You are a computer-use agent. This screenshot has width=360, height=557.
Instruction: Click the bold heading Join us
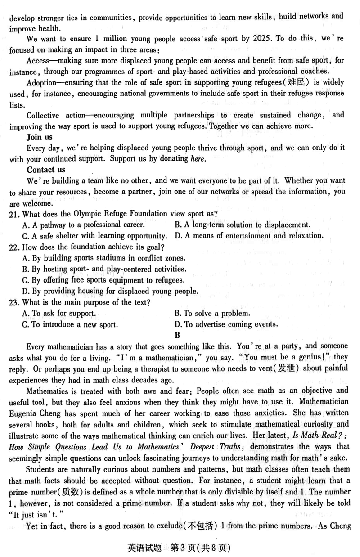40,137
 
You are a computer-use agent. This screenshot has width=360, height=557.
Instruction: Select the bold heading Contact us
46,170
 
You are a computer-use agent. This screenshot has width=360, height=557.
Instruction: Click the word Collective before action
43,115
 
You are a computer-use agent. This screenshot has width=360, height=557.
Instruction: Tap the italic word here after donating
198,159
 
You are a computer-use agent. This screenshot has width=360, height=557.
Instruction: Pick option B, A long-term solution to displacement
242,225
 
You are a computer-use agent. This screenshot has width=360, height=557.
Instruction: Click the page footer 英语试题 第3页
179,548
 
